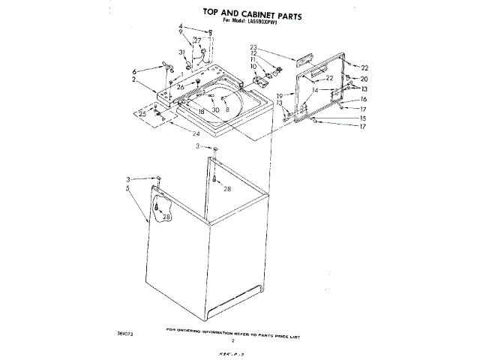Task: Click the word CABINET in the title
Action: [239, 12]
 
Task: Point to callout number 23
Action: [254, 46]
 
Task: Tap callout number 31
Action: [182, 52]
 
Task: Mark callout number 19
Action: [278, 95]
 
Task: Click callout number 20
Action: [364, 79]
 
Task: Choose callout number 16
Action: [364, 99]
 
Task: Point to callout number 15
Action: [364, 118]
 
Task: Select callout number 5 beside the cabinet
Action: [129, 189]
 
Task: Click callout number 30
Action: [215, 109]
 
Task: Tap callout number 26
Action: [180, 88]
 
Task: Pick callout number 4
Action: [181, 27]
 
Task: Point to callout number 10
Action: [253, 67]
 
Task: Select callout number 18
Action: [201, 111]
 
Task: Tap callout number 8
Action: [226, 109]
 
